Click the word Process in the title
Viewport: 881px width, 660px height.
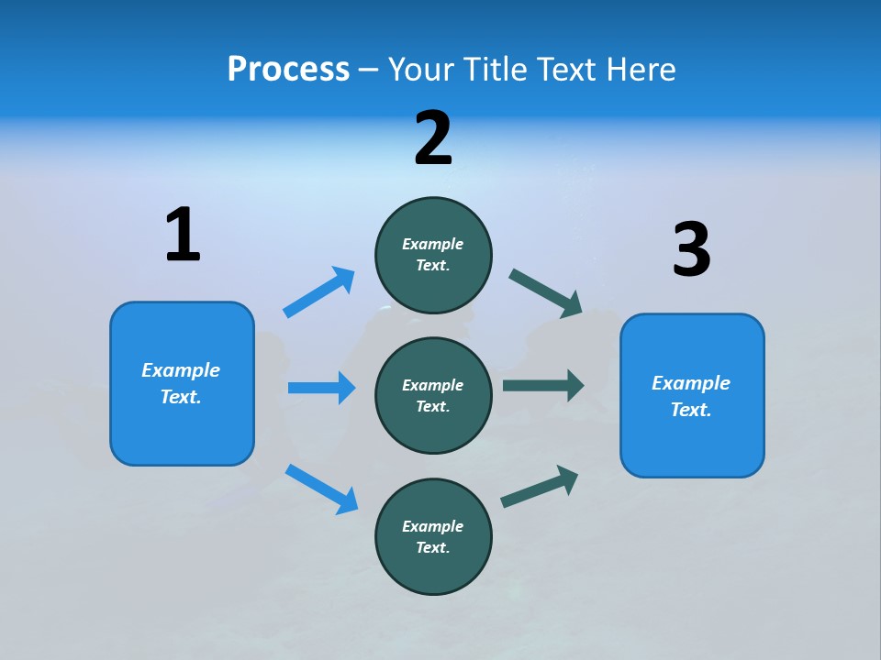pyautogui.click(x=288, y=70)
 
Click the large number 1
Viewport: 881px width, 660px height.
pyautogui.click(x=183, y=235)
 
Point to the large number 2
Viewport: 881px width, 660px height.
pyautogui.click(x=433, y=138)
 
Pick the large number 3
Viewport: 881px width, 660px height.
pyautogui.click(x=691, y=249)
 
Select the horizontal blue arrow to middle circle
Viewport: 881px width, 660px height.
pyautogui.click(x=321, y=388)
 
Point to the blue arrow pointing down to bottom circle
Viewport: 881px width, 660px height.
pyautogui.click(x=321, y=488)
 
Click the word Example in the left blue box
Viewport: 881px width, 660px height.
pyautogui.click(x=181, y=370)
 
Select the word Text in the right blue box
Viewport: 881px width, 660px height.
pyautogui.click(x=690, y=410)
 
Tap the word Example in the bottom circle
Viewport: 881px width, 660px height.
pyautogui.click(x=432, y=526)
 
